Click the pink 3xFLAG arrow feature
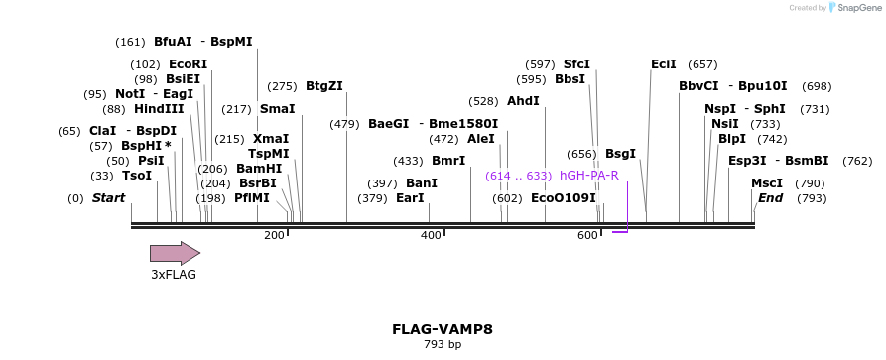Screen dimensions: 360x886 click(175, 253)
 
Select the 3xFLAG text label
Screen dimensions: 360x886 click(174, 275)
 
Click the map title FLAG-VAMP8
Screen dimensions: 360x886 click(443, 329)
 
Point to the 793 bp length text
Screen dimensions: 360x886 click(443, 345)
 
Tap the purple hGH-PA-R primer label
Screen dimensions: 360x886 click(589, 176)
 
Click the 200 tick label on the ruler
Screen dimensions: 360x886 click(274, 235)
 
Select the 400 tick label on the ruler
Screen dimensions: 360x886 click(431, 235)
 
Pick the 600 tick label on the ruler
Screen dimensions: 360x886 click(587, 235)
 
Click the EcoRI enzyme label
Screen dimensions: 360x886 click(188, 64)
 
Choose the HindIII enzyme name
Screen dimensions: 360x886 click(159, 109)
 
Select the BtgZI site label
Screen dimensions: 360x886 click(324, 86)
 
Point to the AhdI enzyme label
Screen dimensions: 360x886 click(523, 101)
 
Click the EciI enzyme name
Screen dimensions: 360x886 click(664, 64)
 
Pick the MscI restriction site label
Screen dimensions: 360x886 click(766, 183)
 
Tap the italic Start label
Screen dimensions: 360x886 click(108, 198)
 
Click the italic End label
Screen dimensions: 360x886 click(770, 198)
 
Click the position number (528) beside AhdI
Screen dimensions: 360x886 click(483, 101)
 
